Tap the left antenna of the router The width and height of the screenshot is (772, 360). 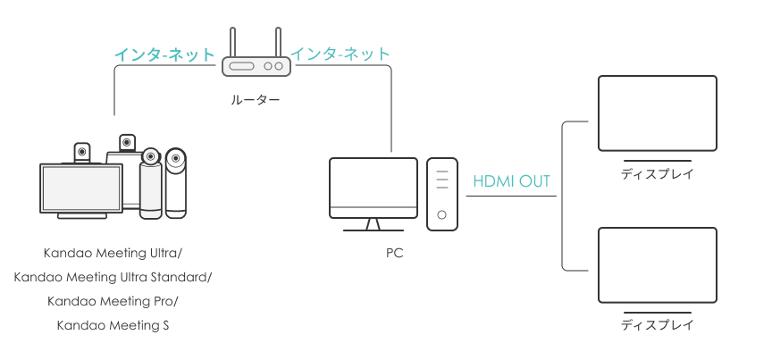pyautogui.click(x=232, y=43)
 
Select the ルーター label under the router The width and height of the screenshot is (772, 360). pyautogui.click(x=255, y=101)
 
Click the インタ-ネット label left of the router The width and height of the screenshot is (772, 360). pyautogui.click(x=164, y=54)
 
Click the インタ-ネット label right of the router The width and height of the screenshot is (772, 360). pyautogui.click(x=340, y=54)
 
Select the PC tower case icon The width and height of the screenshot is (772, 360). pyautogui.click(x=442, y=194)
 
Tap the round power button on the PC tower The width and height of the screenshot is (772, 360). pyautogui.click(x=442, y=215)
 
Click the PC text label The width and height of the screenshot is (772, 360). pyautogui.click(x=394, y=254)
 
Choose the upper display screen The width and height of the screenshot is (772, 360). pyautogui.click(x=657, y=113)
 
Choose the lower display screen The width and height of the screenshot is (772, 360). pyautogui.click(x=657, y=264)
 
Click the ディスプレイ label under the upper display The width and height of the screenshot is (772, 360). pyautogui.click(x=657, y=174)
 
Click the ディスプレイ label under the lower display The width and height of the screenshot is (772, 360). pyautogui.click(x=657, y=326)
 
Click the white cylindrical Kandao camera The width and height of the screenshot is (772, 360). pyautogui.click(x=151, y=186)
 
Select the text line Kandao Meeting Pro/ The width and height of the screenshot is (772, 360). pyautogui.click(x=113, y=301)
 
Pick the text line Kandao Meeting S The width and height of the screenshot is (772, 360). pyautogui.click(x=113, y=325)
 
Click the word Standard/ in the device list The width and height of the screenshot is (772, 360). pyautogui.click(x=180, y=277)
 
